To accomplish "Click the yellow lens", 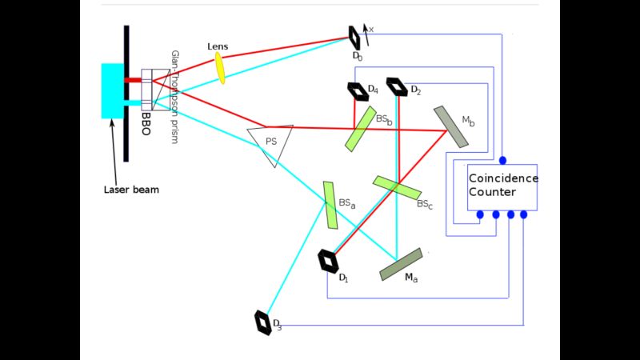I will tap(219, 68).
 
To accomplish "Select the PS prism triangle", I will tap(270, 142).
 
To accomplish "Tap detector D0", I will tap(354, 36).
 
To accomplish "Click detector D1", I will tap(328, 261).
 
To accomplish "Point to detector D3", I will tap(263, 322).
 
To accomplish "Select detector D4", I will tap(356, 91).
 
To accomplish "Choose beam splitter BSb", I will tap(361, 128).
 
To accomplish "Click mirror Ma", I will tap(401, 264).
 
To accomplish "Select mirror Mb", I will tap(451, 126).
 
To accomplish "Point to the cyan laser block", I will tap(113, 90).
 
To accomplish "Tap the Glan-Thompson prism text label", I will tap(174, 97).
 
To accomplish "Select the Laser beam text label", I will tap(131, 190).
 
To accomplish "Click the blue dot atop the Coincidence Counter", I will tap(502, 161).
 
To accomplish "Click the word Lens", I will tap(217, 46).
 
